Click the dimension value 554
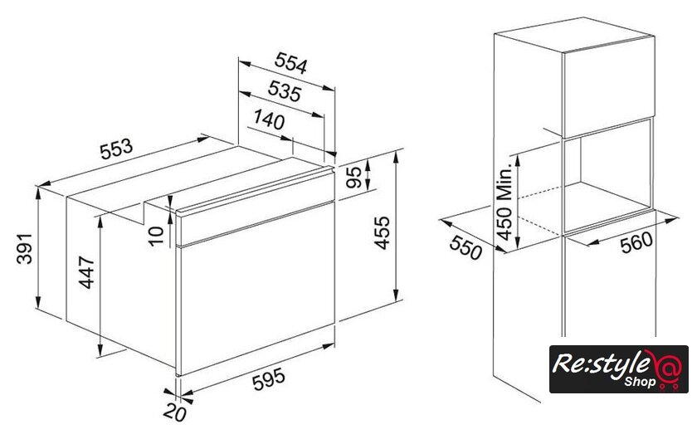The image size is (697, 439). (290, 63)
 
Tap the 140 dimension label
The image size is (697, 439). (269, 120)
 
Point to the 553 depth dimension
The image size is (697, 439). (116, 149)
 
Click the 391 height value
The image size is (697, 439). (24, 248)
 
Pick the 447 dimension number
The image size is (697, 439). (87, 273)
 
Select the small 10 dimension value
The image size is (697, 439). (156, 237)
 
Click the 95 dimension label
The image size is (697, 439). (354, 178)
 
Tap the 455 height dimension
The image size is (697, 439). (382, 232)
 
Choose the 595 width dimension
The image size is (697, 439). (269, 380)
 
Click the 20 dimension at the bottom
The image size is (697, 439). (175, 413)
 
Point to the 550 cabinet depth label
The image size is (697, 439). (465, 247)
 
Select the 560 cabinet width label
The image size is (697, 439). (636, 242)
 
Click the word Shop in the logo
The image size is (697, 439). (640, 382)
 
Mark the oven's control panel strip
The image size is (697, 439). (256, 207)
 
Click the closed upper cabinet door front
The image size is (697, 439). (608, 87)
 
